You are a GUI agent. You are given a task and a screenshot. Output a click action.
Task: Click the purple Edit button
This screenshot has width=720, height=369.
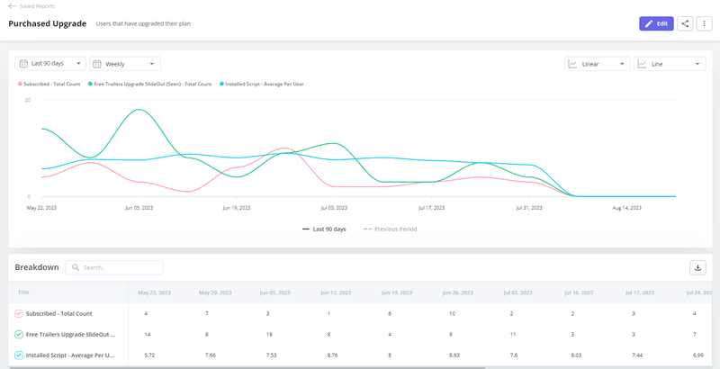click(655, 23)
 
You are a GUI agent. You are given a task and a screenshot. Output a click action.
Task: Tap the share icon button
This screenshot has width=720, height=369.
click(686, 23)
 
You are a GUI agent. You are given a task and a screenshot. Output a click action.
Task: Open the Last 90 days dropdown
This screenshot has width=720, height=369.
click(50, 64)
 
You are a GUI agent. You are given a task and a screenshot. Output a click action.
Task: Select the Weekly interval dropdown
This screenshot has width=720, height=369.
click(125, 64)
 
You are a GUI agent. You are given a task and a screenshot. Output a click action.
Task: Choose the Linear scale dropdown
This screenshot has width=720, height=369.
click(597, 64)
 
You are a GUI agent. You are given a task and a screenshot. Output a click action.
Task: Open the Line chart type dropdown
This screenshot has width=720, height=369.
click(669, 64)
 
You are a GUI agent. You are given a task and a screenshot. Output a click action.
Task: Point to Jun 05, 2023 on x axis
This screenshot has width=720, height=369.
click(139, 207)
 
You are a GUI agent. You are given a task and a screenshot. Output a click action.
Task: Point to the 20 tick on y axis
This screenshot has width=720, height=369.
click(28, 100)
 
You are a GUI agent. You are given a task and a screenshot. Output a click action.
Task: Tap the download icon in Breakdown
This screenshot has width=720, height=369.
click(697, 267)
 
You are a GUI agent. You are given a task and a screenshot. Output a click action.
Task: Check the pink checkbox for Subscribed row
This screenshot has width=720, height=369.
click(18, 313)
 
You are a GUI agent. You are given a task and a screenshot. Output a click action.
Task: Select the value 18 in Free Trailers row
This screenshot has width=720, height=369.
click(269, 334)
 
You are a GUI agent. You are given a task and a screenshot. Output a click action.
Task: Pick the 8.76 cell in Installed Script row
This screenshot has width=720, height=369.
click(330, 355)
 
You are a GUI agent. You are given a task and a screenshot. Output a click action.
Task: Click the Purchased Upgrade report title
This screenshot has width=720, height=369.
click(47, 23)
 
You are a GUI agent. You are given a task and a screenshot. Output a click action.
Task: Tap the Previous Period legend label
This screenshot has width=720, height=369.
click(391, 229)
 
